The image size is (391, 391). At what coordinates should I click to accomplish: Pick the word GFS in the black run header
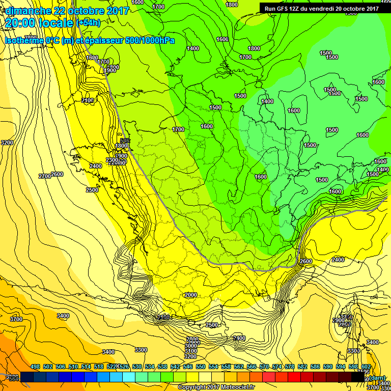pyautogui.click(x=285, y=8)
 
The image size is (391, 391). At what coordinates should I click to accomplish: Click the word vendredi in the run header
pyautogui.click(x=326, y=8)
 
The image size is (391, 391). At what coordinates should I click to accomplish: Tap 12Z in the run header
pyautogui.click(x=299, y=8)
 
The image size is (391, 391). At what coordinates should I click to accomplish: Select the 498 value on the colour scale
pyautogui.click(x=35, y=367)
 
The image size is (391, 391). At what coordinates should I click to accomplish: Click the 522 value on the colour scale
pyautogui.click(x=111, y=367)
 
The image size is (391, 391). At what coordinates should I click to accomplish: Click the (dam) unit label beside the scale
pyautogui.click(x=377, y=377)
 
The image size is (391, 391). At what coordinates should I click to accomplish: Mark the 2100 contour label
pyautogui.click(x=88, y=101)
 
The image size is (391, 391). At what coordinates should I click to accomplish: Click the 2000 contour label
pyautogui.click(x=191, y=295)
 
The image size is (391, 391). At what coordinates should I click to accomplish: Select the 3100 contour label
pyautogui.click(x=191, y=351)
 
